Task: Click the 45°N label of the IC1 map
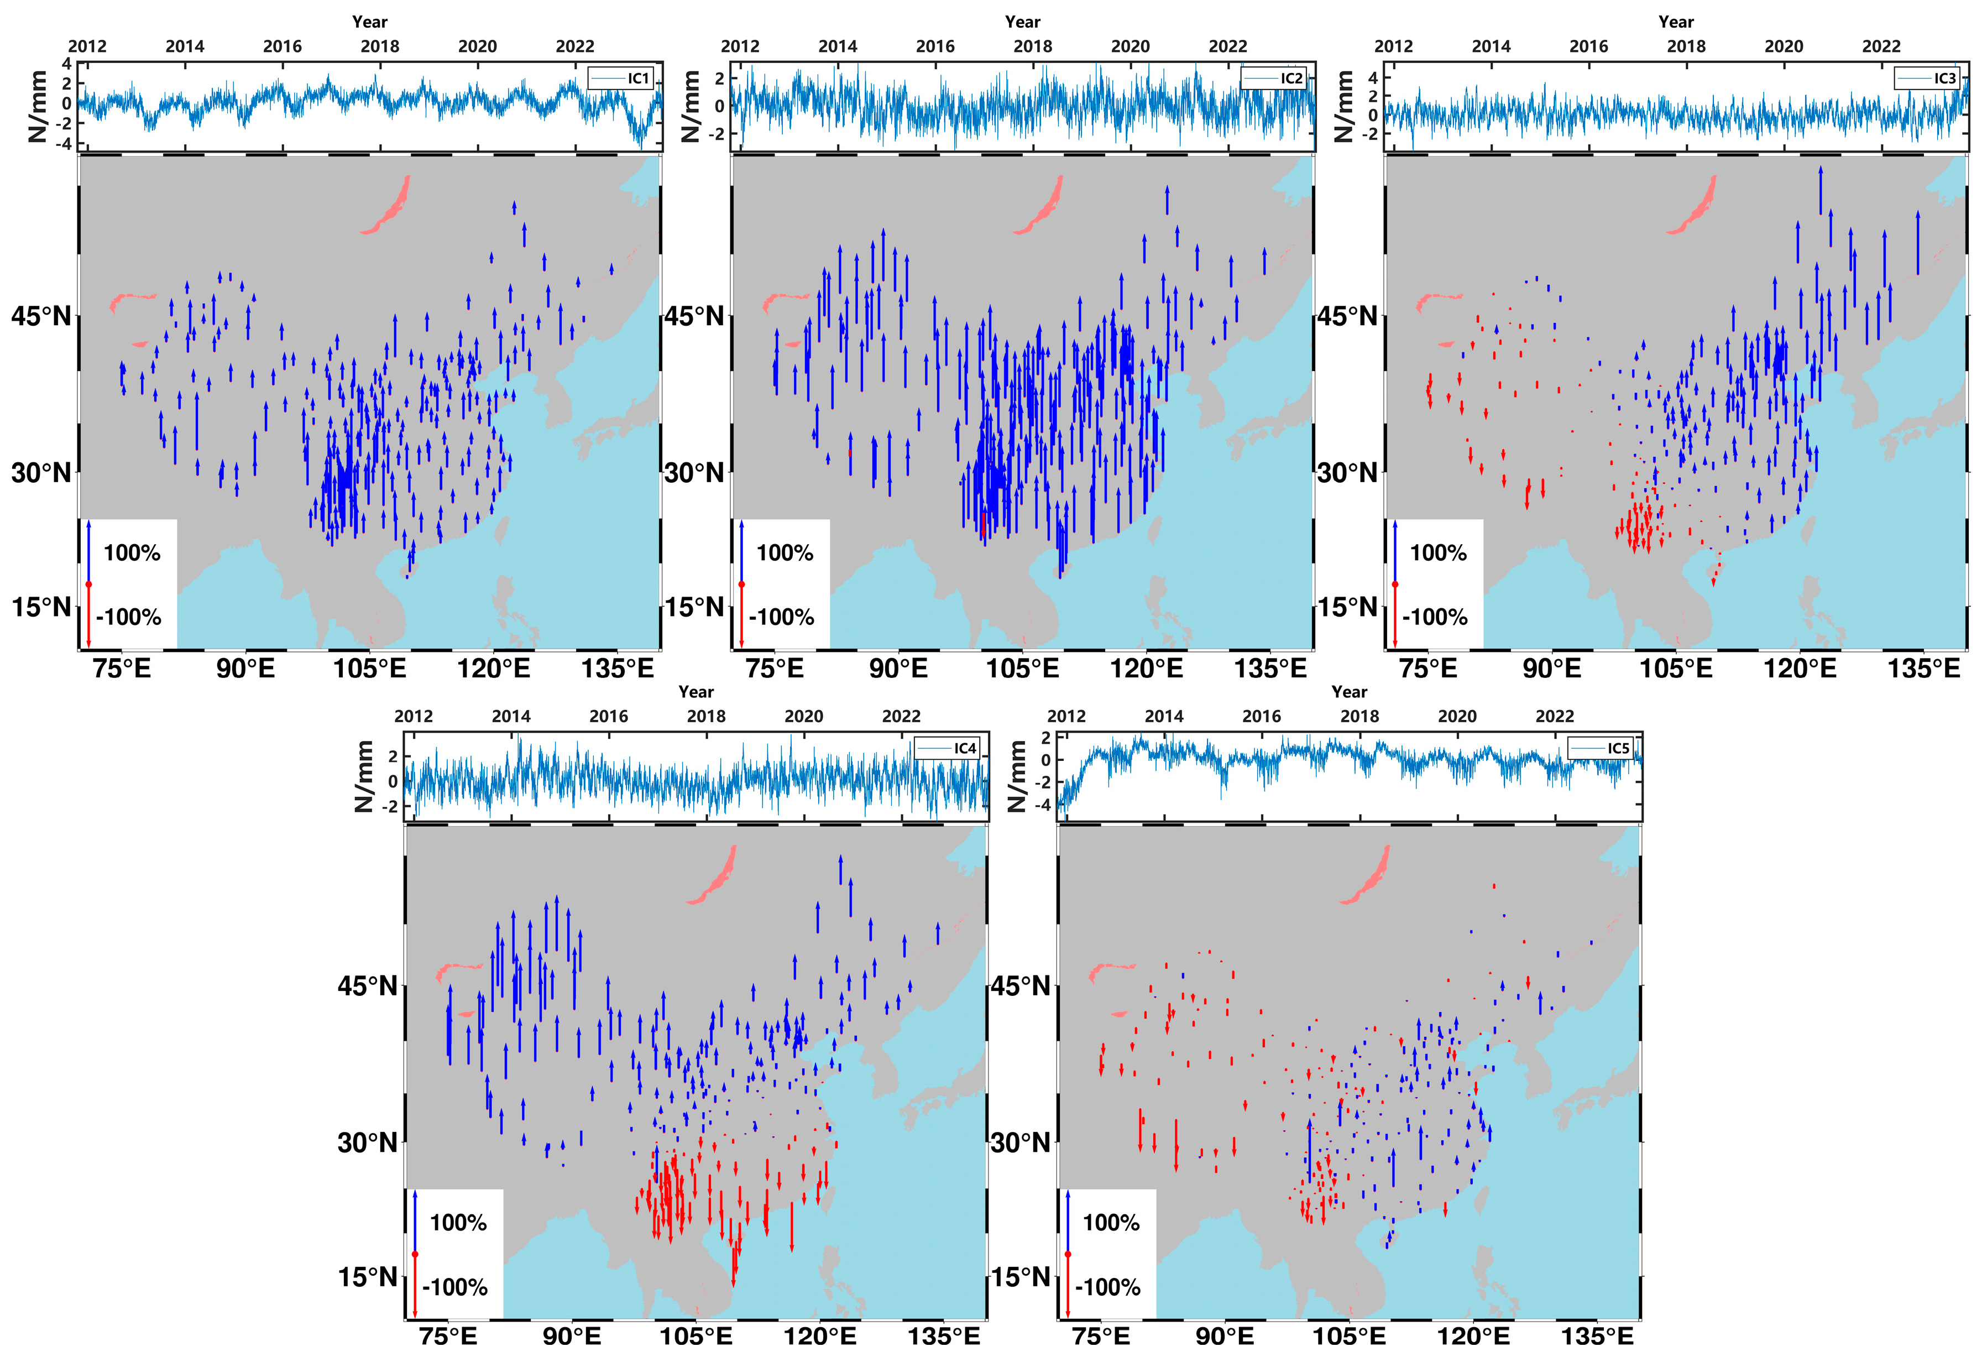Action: click(40, 316)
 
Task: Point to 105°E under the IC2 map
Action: click(1023, 669)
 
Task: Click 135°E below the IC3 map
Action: click(1924, 669)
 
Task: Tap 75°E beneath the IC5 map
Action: click(1101, 1337)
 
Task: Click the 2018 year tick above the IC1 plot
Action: click(380, 46)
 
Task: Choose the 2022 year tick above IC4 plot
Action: click(901, 717)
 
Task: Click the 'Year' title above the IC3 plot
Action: click(1676, 22)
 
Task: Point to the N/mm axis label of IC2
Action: click(691, 106)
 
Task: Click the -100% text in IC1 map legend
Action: click(129, 617)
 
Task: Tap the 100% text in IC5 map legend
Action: click(1111, 1223)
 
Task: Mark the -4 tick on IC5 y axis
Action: click(1045, 805)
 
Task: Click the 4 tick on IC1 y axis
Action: click(67, 64)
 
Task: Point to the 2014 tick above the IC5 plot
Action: click(1164, 717)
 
